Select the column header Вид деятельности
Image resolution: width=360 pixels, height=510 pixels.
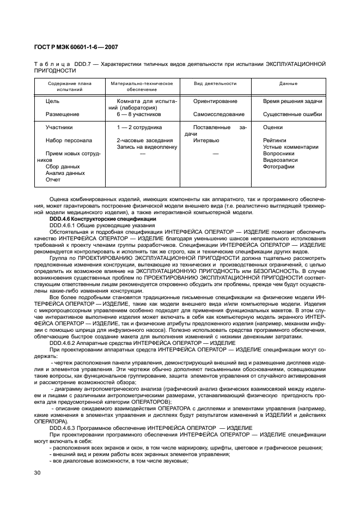(215, 84)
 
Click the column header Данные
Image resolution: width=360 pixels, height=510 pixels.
(288, 84)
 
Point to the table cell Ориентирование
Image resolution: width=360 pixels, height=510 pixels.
(215, 101)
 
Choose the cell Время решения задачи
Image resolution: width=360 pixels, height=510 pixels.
(292, 101)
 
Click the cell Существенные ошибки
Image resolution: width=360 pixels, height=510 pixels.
(292, 114)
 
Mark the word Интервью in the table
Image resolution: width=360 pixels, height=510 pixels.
(206, 140)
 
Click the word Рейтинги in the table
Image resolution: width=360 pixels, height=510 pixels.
(274, 140)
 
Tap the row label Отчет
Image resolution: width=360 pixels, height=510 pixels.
(53, 179)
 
